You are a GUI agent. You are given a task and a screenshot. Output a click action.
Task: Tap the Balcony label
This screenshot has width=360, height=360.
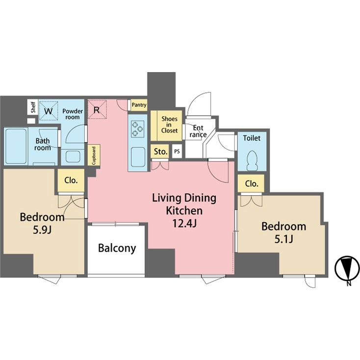click(117, 248)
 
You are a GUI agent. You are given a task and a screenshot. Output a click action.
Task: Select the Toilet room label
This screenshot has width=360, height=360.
click(252, 138)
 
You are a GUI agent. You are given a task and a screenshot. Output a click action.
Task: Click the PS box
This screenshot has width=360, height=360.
click(177, 152)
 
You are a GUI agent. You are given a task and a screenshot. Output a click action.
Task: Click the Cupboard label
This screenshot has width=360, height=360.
click(93, 155)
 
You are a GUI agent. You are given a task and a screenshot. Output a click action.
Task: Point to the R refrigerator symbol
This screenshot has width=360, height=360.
click(97, 110)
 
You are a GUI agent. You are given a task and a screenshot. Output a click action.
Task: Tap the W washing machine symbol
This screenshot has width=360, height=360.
click(48, 110)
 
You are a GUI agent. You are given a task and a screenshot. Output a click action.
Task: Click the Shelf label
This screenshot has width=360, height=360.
click(33, 108)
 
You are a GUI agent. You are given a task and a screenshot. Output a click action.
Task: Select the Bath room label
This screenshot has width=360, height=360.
click(43, 144)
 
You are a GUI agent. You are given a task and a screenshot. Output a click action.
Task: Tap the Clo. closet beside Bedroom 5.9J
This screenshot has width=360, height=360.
click(71, 180)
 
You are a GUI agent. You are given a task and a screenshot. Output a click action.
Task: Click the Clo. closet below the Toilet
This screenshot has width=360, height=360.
click(252, 184)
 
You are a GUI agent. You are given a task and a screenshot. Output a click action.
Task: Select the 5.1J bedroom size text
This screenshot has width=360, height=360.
click(283, 240)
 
